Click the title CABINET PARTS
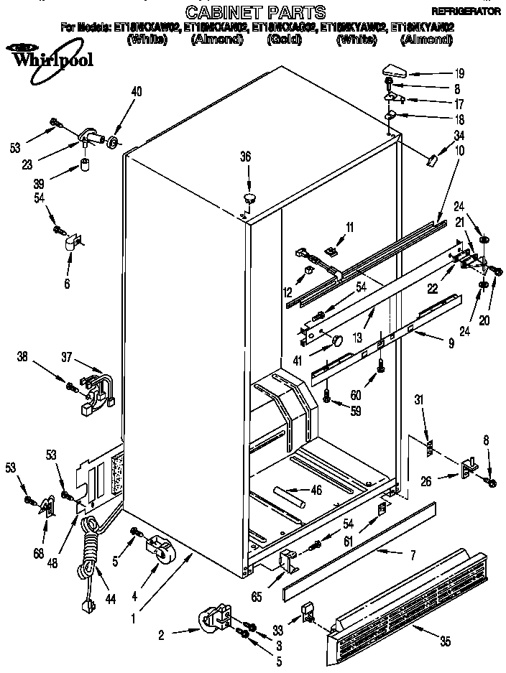(x=255, y=11)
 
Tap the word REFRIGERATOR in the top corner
(x=465, y=12)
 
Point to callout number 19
(x=459, y=73)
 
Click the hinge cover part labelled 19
(x=395, y=70)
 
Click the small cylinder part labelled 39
(x=87, y=167)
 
